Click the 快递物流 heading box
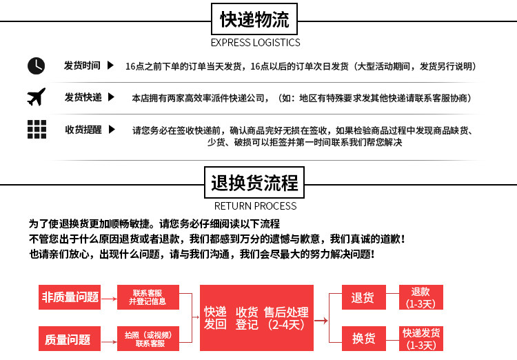click(254, 20)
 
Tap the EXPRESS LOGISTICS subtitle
click(255, 43)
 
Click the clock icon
click(36, 66)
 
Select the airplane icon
click(36, 97)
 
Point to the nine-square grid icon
click(36, 129)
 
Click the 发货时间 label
click(82, 66)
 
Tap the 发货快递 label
click(83, 97)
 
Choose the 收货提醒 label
click(83, 130)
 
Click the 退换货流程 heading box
click(254, 183)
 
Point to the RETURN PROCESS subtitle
click(255, 206)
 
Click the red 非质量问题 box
click(70, 297)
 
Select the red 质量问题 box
click(70, 339)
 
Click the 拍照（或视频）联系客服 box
click(149, 339)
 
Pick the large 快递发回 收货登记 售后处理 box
click(256, 318)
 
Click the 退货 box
click(363, 298)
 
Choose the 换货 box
click(363, 339)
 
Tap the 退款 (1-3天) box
click(420, 297)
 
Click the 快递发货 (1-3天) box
click(420, 339)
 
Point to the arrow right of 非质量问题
click(108, 297)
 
